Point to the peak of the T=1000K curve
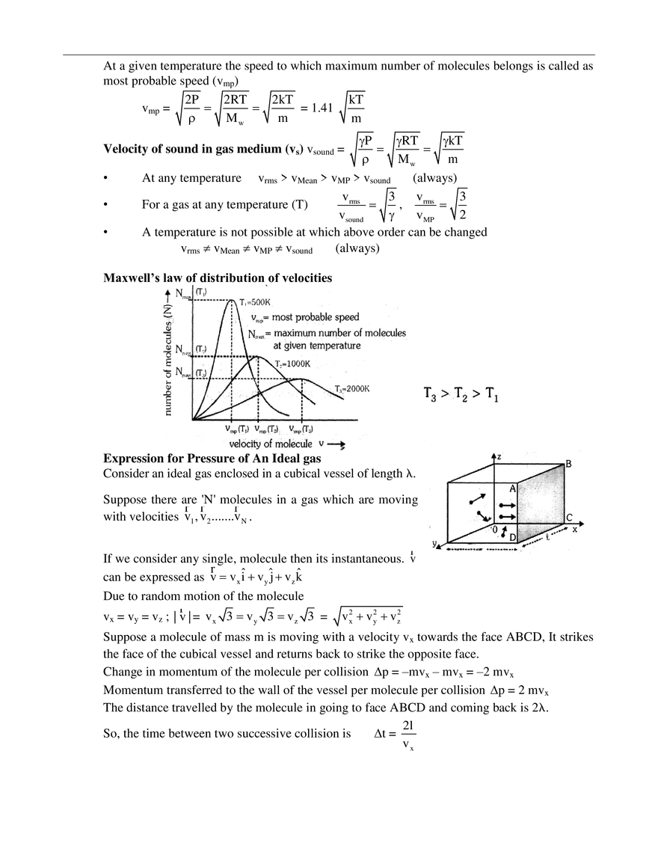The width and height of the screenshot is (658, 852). click(258, 356)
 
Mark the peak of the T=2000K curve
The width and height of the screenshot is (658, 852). click(301, 380)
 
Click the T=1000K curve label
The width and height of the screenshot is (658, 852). click(292, 364)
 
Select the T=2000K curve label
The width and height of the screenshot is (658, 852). click(351, 389)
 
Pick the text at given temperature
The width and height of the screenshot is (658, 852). click(317, 346)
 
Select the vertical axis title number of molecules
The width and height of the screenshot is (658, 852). click(169, 352)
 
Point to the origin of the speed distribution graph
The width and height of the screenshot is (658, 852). click(194, 418)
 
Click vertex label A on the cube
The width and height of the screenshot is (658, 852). click(512, 488)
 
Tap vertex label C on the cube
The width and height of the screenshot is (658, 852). click(569, 518)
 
